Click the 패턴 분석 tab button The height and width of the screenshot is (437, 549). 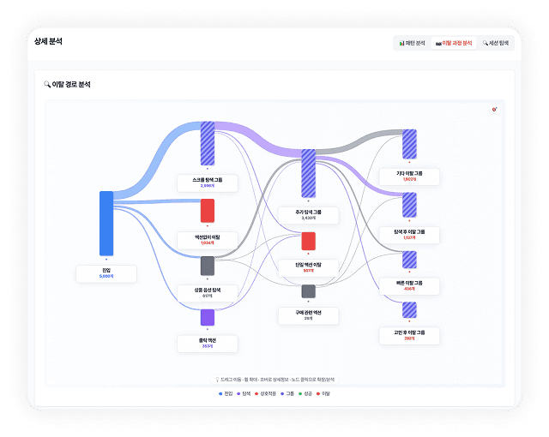[412, 43]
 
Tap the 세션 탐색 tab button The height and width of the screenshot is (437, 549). [495, 43]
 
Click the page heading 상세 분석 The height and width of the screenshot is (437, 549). [48, 41]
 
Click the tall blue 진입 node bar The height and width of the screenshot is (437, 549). [106, 223]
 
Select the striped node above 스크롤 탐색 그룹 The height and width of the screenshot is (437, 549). [208, 143]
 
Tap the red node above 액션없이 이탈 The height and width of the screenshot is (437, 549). [208, 211]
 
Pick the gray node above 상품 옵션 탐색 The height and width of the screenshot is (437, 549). [208, 266]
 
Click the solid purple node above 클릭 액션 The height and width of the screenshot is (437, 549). [208, 317]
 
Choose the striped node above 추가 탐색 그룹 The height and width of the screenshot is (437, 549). [308, 174]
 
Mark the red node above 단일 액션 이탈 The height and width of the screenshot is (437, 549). [308, 241]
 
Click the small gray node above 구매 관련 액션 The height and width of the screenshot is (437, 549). [308, 291]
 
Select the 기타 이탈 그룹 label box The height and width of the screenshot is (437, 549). [409, 176]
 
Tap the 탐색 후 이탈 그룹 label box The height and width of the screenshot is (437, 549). [409, 234]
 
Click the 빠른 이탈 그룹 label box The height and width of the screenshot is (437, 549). [409, 285]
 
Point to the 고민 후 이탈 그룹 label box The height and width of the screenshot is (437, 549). [409, 335]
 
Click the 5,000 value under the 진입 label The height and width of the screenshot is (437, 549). [106, 277]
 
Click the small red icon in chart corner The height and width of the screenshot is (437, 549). [494, 110]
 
